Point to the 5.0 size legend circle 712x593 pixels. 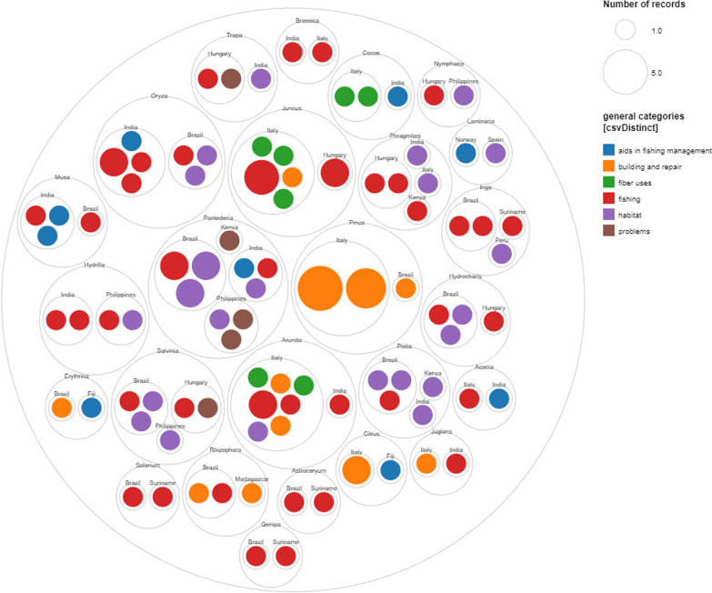[x=625, y=72]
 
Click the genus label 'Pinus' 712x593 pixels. [x=356, y=222]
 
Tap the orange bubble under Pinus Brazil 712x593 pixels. [x=406, y=288]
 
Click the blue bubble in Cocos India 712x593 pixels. [x=397, y=95]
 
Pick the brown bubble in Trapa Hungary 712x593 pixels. [x=231, y=79]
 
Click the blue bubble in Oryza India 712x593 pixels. [x=131, y=141]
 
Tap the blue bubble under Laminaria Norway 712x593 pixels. [x=466, y=153]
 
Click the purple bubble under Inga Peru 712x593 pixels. [x=502, y=254]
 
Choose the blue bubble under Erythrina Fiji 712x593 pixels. [x=91, y=407]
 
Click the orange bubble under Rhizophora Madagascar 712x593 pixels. [x=252, y=493]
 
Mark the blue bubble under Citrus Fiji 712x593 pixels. [x=390, y=469]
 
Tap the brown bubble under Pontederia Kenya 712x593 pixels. [x=229, y=240]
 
